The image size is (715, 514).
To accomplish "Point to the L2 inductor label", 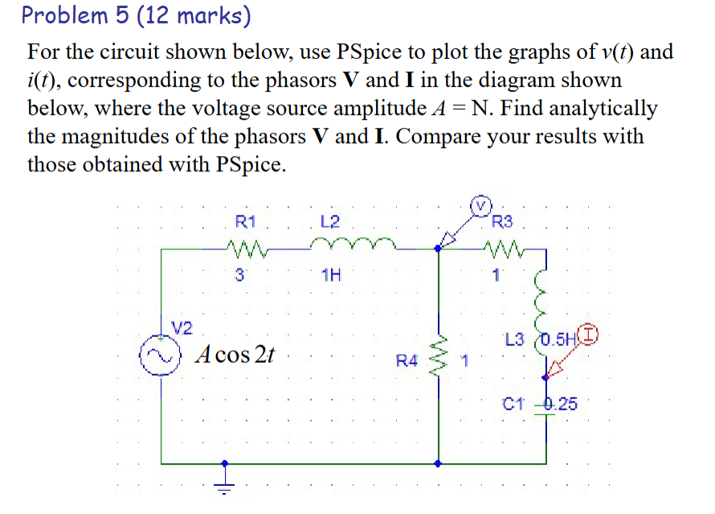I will tap(329, 221).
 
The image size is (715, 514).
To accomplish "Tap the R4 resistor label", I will tap(407, 361).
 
